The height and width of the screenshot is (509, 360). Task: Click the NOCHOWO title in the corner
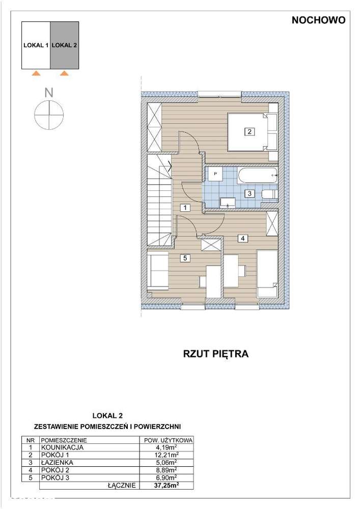coord(319,20)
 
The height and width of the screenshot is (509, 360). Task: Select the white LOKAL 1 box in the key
coord(36,45)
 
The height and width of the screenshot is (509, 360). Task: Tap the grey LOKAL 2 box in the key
coord(65,45)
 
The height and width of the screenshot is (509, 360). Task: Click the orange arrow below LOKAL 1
coord(36,74)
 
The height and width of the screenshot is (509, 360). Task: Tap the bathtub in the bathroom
coord(258,176)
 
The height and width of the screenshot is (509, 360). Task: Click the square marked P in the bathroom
coord(215,174)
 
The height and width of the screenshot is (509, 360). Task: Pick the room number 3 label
coord(249,193)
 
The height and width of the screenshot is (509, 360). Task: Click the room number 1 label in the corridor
coord(185,207)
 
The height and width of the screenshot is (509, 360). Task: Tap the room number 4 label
coord(243,238)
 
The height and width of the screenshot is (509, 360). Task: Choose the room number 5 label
coord(185,258)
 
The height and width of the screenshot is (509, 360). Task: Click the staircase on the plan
coord(159,201)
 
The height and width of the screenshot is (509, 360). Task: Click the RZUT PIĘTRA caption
coord(215,354)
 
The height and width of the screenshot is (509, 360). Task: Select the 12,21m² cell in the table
coord(165,455)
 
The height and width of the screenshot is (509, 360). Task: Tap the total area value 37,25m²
coord(165,486)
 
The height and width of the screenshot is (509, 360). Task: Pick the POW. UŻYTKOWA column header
coord(165,440)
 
